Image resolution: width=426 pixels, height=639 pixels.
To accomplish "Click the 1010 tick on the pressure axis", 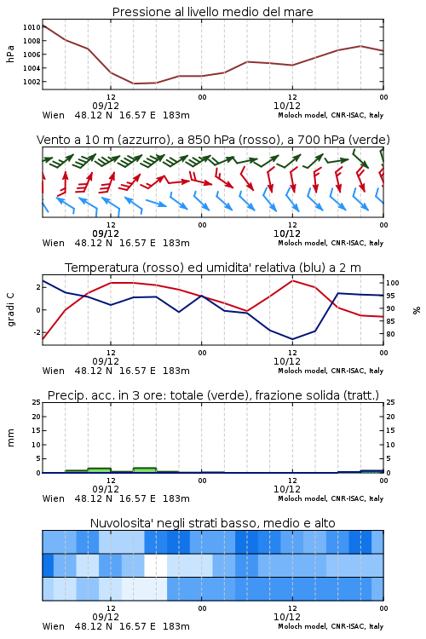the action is coord(32,27).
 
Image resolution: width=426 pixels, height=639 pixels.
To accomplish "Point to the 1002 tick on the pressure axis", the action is coord(32,82).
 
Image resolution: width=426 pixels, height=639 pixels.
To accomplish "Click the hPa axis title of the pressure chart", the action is coord(10,54).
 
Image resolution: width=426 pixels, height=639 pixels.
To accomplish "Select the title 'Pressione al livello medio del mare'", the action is coord(213,12).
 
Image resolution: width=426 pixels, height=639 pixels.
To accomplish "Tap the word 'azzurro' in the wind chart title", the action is coord(142,140).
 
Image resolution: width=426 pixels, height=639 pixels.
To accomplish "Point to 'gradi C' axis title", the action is coord(11,309).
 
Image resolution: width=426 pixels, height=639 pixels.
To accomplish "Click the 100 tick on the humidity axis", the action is coord(393,283).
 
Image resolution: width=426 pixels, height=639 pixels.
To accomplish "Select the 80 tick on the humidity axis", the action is coord(390,334).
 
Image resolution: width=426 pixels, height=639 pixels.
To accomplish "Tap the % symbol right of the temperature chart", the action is coord(417,310).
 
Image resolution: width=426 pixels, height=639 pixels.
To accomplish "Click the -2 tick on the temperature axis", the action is coord(37,332).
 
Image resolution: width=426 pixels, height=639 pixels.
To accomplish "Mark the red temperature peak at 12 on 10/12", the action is coord(292,280).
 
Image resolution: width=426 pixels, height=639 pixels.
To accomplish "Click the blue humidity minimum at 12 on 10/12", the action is coord(292,339).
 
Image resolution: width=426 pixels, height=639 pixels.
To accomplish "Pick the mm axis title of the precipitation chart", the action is coord(10,438).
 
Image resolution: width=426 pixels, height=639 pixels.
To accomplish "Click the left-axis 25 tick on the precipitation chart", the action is coord(37,402).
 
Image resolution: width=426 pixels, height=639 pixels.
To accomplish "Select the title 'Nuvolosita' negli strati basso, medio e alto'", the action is coord(213,523).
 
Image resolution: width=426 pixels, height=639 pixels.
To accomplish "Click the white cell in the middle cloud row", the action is coord(156,565).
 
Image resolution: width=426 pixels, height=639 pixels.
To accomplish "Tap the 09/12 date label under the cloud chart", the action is coord(106,617).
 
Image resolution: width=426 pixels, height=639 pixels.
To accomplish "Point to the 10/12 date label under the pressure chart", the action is coord(287,106).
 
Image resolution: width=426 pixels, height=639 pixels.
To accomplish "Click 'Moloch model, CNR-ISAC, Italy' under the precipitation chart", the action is coord(331,498).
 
